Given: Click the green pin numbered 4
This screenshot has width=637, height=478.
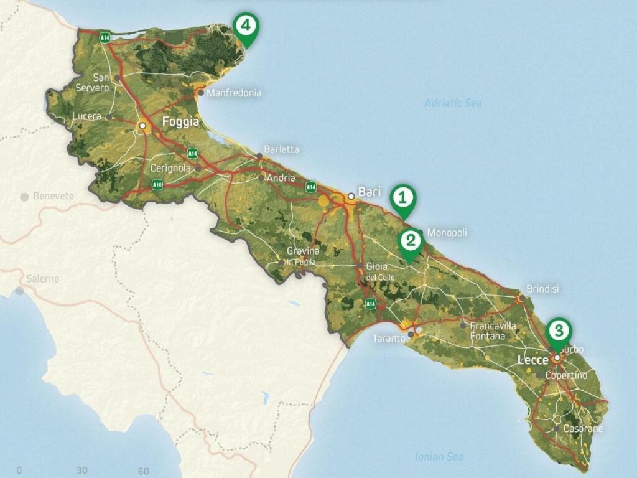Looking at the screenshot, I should pos(246,27).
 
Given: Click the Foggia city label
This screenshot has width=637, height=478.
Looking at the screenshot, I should pos(180,123).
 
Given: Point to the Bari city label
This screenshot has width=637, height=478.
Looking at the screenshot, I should pos(370,192).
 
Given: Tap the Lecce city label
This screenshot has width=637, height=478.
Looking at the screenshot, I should pos(532,360).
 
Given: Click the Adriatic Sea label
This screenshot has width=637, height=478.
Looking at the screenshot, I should pos(453,103).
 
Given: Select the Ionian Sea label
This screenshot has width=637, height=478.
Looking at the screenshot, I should pos(439,457).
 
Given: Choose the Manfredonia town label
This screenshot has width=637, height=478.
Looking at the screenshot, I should pos(233,93).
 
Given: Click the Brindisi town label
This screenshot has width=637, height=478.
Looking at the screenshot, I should pos(542,289).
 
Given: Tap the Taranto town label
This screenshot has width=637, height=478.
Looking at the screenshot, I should pos(389,339).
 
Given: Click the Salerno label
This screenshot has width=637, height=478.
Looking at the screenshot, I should pos(42,279).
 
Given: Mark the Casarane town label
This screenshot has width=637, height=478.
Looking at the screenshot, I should pos(583,429).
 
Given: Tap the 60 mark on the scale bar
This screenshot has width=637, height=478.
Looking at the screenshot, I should pos(143,471).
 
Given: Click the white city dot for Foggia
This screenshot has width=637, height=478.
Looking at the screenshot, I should pos(142,126).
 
